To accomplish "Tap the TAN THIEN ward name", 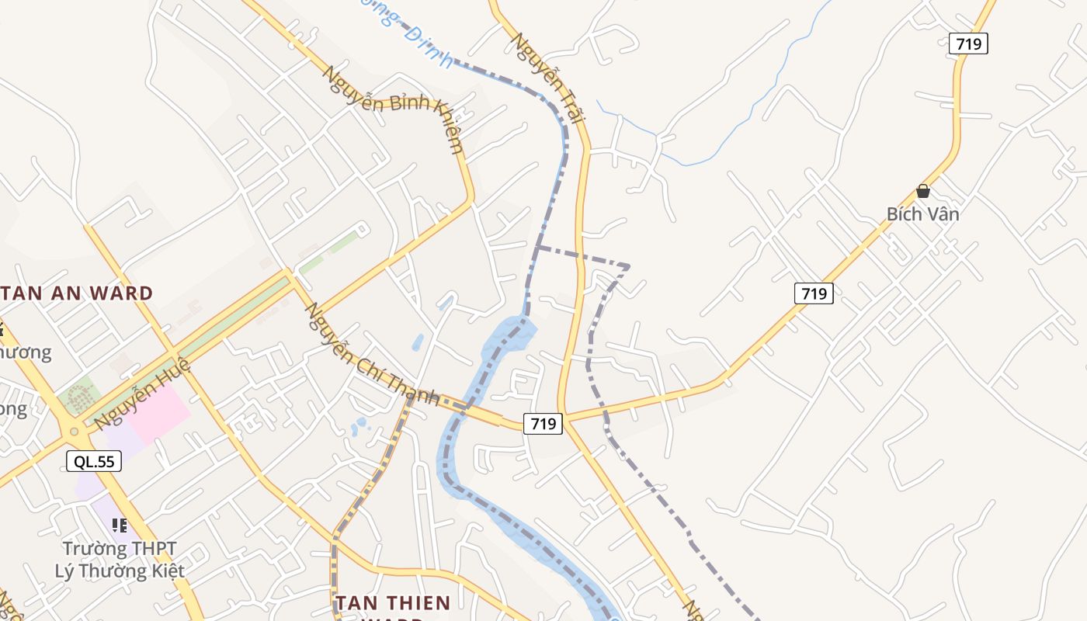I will [x=393, y=602].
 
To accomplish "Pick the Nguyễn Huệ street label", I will [x=141, y=394].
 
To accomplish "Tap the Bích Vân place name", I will [x=922, y=214].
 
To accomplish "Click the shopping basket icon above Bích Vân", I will [x=922, y=191].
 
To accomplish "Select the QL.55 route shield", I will [x=93, y=461].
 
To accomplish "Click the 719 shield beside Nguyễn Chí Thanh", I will [x=543, y=423].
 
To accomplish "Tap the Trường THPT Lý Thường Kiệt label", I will [x=120, y=560].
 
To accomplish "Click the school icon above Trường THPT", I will [x=120, y=526].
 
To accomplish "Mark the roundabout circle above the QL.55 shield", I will [x=75, y=431].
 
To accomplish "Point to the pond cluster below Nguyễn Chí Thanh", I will [x=359, y=426].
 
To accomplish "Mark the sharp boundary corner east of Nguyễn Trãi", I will [x=627, y=267].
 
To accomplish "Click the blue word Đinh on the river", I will [x=428, y=49].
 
